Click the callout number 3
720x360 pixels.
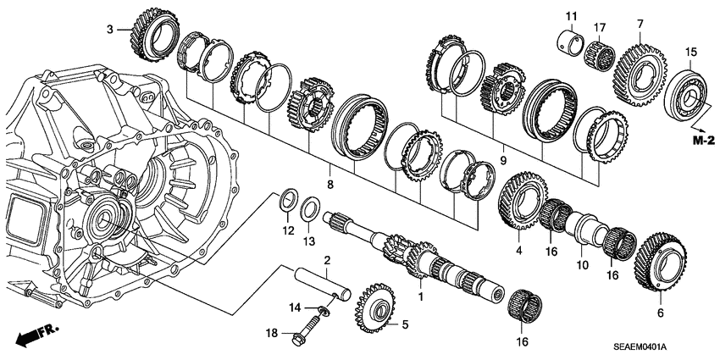coord(109,30)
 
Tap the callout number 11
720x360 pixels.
coord(570,16)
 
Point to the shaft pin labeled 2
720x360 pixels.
coord(322,276)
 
